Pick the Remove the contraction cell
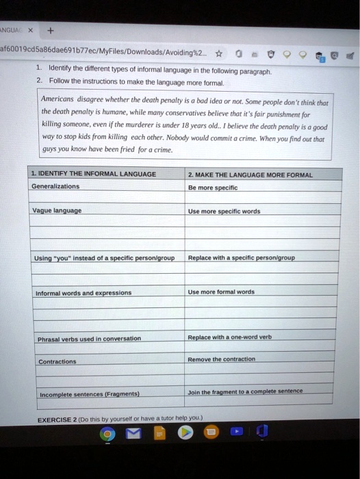click(x=222, y=359)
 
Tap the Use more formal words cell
click(x=221, y=292)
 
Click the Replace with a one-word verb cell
click(x=230, y=337)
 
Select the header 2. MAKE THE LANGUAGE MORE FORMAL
click(x=250, y=174)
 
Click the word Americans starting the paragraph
click(x=60, y=97)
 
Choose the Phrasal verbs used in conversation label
click(x=90, y=338)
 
